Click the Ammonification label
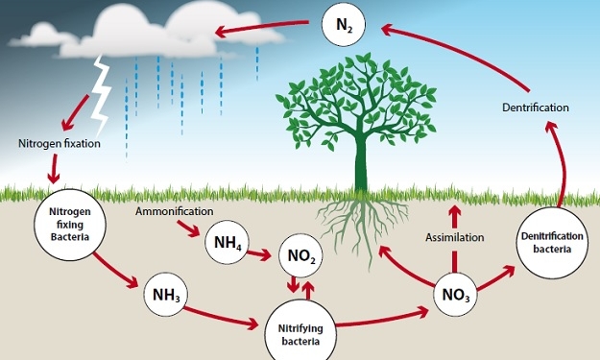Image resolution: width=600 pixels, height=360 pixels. [x=175, y=210]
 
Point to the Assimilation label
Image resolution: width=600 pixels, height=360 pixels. [x=454, y=236]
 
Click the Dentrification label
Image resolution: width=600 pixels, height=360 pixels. [x=536, y=107]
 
